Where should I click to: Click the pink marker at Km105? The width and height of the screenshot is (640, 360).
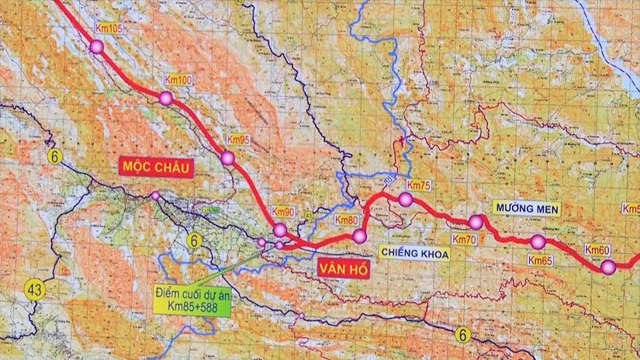pyautogui.click(x=97, y=47)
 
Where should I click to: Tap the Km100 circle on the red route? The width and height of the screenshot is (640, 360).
pyautogui.click(x=165, y=98)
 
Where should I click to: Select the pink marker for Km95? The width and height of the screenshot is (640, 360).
pyautogui.click(x=227, y=157)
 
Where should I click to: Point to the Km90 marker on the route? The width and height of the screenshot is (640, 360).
pyautogui.click(x=280, y=230)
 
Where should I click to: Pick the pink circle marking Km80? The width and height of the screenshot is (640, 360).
pyautogui.click(x=358, y=236)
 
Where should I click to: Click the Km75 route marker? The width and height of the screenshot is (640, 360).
pyautogui.click(x=406, y=200)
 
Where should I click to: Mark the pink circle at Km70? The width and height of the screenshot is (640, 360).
pyautogui.click(x=476, y=222)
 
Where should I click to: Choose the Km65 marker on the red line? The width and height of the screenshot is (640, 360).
pyautogui.click(x=538, y=241)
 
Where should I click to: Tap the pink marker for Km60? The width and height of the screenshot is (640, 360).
pyautogui.click(x=608, y=267)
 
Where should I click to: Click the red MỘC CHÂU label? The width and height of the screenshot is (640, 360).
pyautogui.click(x=155, y=165)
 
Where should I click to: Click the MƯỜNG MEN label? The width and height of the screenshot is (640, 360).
pyautogui.click(x=526, y=208)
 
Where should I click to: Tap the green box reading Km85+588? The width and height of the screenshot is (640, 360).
pyautogui.click(x=192, y=301)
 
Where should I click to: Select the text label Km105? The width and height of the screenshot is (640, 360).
pyautogui.click(x=109, y=29)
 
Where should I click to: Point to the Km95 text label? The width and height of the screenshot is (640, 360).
pyautogui.click(x=237, y=139)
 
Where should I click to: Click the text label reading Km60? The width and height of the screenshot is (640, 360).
pyautogui.click(x=597, y=250)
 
